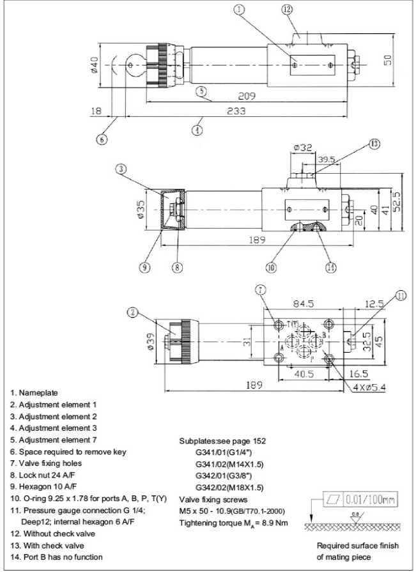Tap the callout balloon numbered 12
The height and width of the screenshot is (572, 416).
(x=304, y=10)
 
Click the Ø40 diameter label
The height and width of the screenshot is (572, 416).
(x=95, y=66)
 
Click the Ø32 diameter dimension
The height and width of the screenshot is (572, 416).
(x=303, y=148)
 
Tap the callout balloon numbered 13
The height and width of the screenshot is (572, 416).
(x=374, y=144)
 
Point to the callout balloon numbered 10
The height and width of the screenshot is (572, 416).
(x=271, y=268)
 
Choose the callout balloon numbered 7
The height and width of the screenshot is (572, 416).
(x=261, y=290)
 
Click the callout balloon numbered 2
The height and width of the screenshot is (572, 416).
(x=132, y=313)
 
